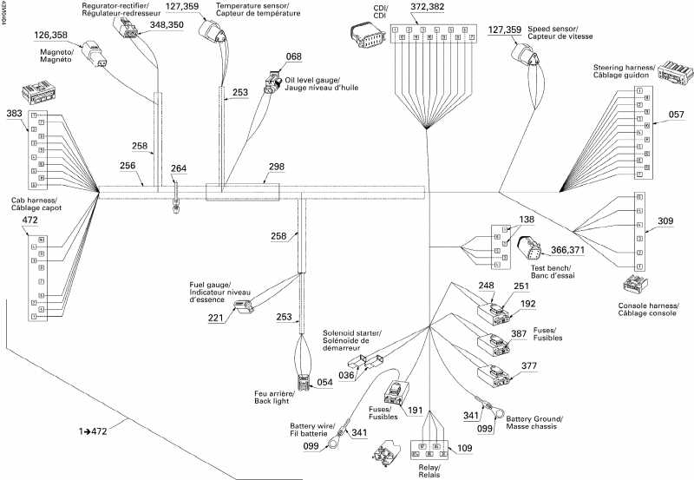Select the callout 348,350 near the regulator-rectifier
(x=167, y=25)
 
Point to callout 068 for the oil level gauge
(x=294, y=56)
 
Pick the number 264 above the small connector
(x=178, y=168)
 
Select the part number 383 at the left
(x=14, y=114)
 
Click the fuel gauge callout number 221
(x=215, y=319)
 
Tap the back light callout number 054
(x=324, y=382)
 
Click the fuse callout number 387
(x=518, y=334)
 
